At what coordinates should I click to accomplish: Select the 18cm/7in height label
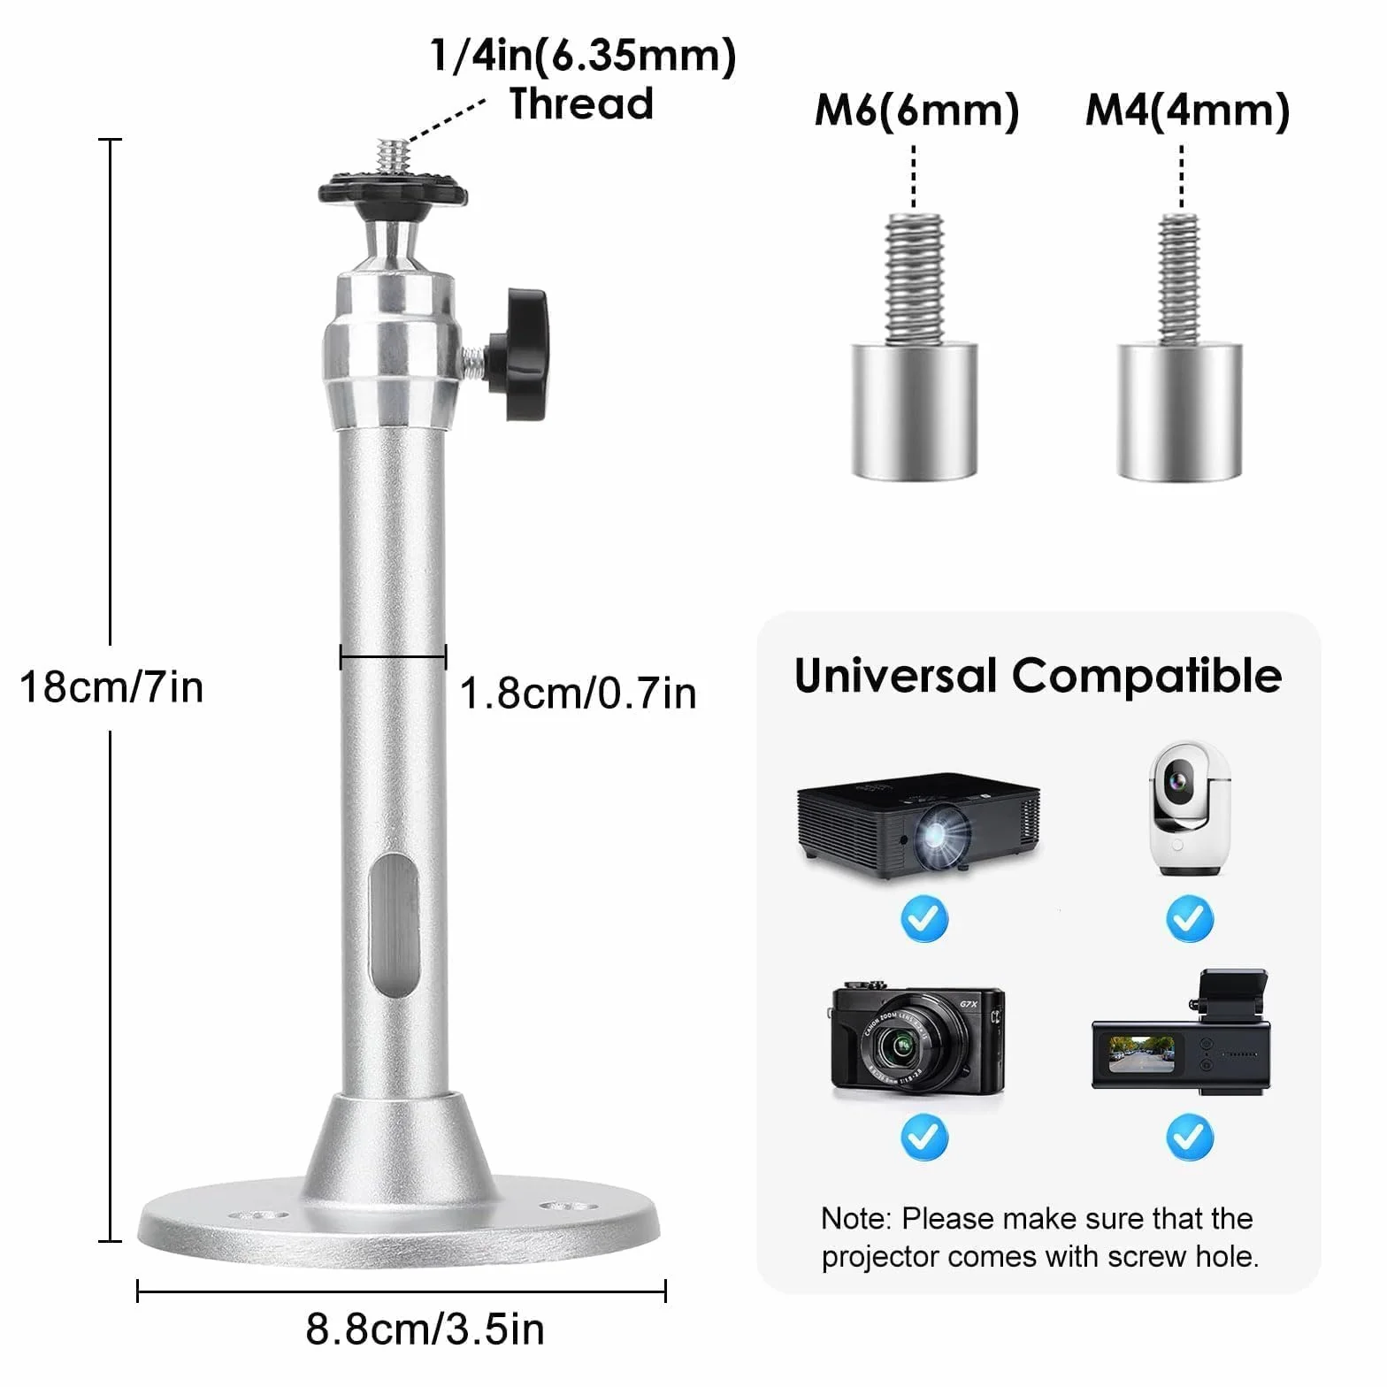point(111,687)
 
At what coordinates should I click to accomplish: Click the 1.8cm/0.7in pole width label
point(579,693)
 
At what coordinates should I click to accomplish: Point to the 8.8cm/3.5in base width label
point(425,1329)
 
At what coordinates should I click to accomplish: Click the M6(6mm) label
point(917,111)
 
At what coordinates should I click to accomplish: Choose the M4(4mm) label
point(1188,111)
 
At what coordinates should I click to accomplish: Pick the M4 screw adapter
point(1180,347)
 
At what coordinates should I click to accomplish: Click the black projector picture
point(918,824)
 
